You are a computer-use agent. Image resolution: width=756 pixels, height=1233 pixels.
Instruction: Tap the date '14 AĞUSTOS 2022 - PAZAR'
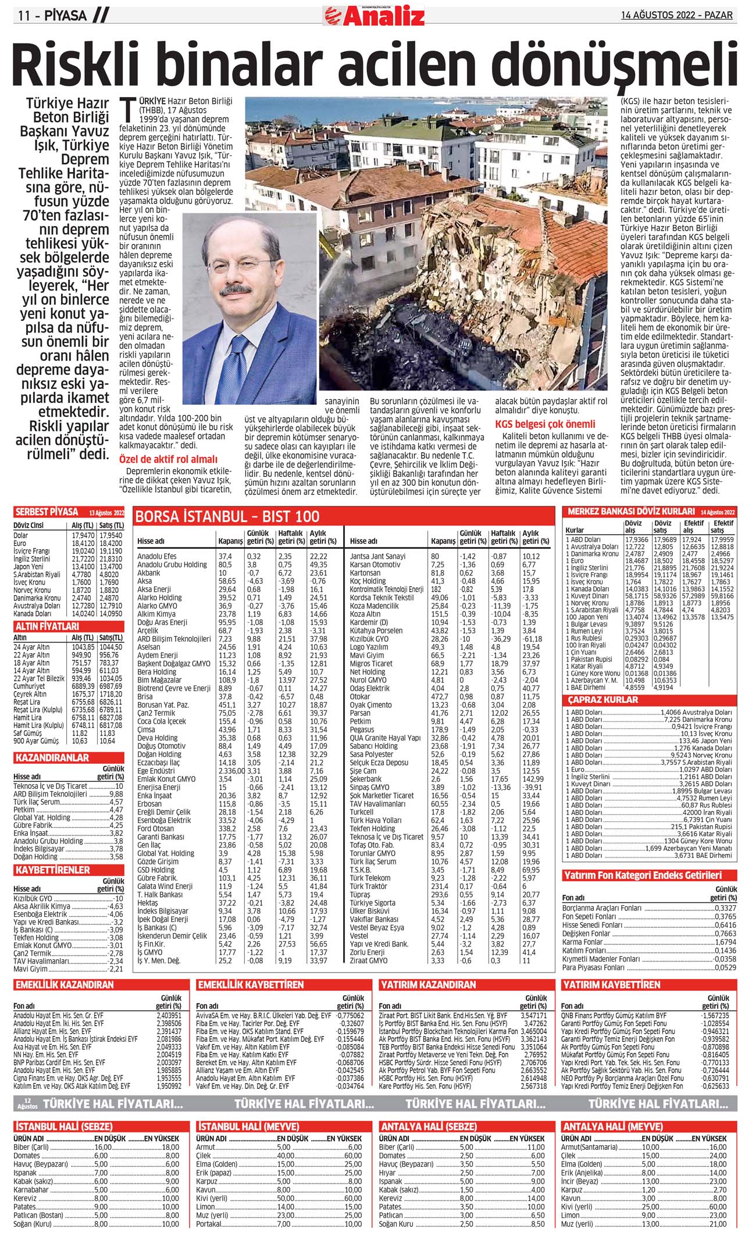676,16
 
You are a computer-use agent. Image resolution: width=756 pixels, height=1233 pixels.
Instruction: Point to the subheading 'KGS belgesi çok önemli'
545,424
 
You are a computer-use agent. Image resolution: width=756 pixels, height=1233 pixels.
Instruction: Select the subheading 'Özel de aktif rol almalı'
168,459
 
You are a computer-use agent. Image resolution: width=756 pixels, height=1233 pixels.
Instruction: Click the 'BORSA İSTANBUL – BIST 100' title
228,517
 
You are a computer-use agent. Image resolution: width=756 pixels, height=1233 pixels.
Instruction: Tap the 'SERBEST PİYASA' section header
47,512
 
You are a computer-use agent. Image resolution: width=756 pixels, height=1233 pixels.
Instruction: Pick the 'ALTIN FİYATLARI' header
47,627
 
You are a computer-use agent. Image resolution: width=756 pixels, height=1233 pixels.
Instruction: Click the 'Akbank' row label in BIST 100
149,573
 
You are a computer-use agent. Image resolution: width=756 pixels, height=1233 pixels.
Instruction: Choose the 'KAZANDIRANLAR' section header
52,758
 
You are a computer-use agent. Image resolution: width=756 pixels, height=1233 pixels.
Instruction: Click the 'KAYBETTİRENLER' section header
53,870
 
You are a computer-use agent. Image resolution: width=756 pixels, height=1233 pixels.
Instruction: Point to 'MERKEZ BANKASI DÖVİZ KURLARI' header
631,512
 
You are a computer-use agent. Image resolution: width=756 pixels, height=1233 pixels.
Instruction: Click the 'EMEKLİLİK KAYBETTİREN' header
251,985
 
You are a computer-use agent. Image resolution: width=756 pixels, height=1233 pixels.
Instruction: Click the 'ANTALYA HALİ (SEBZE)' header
429,1126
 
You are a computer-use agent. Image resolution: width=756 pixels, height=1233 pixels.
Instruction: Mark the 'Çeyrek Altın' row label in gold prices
30,694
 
